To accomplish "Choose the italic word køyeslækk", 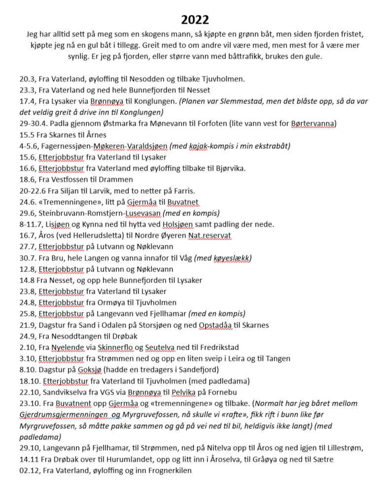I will pyautogui.click(x=231, y=257).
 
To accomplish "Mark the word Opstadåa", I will pyautogui.click(x=216, y=325).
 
